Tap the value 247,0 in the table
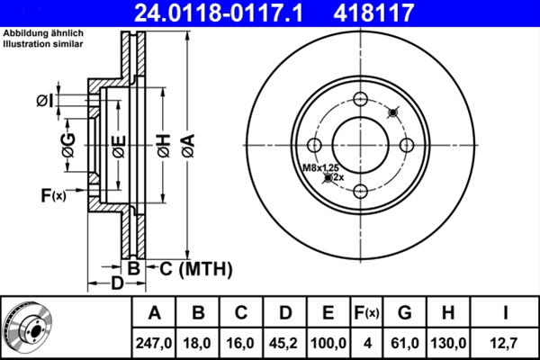pyautogui.click(x=154, y=342)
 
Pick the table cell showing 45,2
pyautogui.click(x=283, y=342)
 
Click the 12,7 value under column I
pyautogui.click(x=506, y=342)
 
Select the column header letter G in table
pyautogui.click(x=404, y=313)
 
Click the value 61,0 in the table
pyautogui.click(x=404, y=342)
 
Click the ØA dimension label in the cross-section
pyautogui.click(x=187, y=143)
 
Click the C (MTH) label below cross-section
pyautogui.click(x=193, y=268)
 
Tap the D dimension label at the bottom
pyautogui.click(x=116, y=284)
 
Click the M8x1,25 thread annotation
pyautogui.click(x=321, y=166)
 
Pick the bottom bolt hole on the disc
pyautogui.click(x=359, y=190)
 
